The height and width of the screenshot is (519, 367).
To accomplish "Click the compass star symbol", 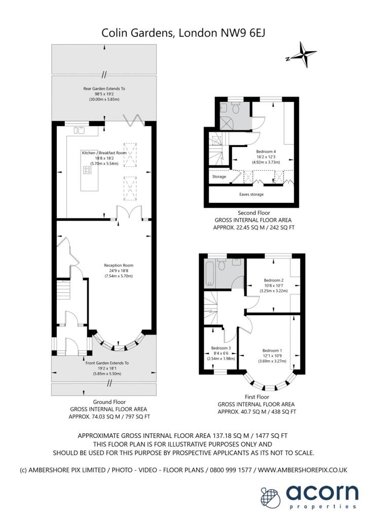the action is [x=304, y=55].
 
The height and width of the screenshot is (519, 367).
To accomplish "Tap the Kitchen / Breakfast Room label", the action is [x=104, y=153].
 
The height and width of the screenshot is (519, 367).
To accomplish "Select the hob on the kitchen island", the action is [x=87, y=170].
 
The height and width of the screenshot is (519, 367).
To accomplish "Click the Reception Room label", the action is [x=119, y=265].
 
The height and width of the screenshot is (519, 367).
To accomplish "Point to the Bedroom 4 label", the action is [x=266, y=152].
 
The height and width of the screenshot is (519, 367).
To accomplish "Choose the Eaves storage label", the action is [x=251, y=194].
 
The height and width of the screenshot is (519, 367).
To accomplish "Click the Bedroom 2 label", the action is [x=273, y=280].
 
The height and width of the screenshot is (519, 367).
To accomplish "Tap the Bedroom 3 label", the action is [x=221, y=348].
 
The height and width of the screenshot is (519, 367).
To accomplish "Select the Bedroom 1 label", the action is [x=272, y=351].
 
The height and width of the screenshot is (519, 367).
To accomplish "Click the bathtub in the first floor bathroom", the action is [x=209, y=274].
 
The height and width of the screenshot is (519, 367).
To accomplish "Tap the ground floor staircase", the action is [x=64, y=290].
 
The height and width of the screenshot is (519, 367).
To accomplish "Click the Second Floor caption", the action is [x=254, y=213].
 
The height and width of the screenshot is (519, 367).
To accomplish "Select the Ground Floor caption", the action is [x=109, y=402].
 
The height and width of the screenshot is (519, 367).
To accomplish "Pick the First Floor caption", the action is [x=257, y=396].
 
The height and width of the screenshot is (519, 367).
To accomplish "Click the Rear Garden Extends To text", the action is [x=104, y=89].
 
